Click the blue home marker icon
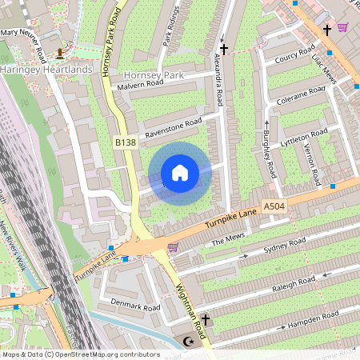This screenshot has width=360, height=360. (180, 173)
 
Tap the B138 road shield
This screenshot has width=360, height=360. (125, 142)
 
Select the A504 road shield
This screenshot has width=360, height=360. (274, 206)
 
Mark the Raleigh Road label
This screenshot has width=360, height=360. (294, 284)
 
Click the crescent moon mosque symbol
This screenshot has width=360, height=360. (189, 342)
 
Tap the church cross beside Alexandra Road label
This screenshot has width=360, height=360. (223, 50)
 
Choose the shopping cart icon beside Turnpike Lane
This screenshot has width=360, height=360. (173, 247)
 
